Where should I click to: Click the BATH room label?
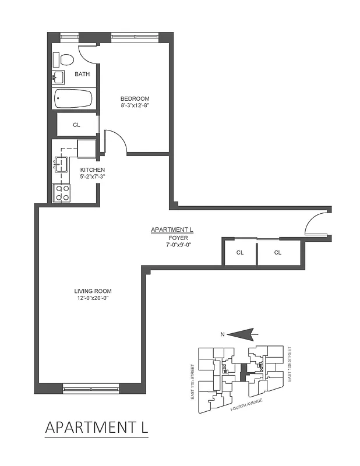tap(82, 75)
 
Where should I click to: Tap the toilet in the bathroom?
tap(65, 59)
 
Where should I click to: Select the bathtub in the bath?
tap(73, 98)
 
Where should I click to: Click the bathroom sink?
tap(59, 77)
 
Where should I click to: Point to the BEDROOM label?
tap(135, 98)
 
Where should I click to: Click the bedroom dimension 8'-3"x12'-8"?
tap(135, 106)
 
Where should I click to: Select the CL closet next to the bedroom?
tap(76, 125)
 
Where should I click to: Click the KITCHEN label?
tap(93, 170)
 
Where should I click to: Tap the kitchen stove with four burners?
tap(62, 193)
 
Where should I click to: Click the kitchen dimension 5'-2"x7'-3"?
tap(93, 177)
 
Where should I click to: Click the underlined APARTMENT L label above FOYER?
tap(172, 230)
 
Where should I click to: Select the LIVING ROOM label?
tap(93, 291)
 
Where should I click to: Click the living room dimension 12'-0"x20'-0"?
tap(93, 298)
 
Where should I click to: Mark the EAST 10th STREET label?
tap(290, 364)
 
